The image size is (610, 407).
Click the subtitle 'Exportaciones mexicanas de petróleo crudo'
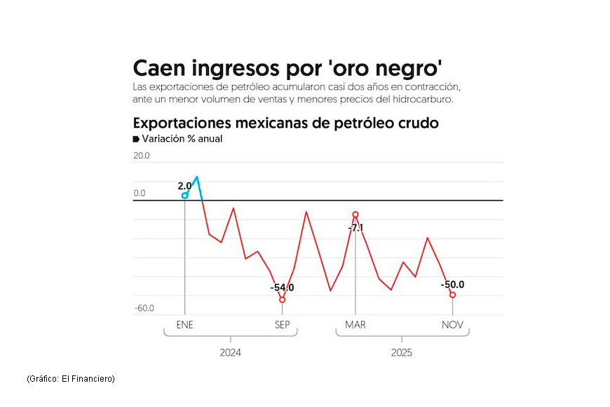[285, 123]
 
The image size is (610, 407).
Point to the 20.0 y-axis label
[142, 156]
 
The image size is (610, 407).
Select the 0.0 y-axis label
[140, 193]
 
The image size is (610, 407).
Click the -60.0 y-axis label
[144, 308]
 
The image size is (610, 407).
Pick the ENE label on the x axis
[185, 325]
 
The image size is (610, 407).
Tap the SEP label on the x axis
[282, 325]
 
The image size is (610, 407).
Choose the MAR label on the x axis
[355, 325]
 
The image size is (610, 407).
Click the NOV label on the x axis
[452, 325]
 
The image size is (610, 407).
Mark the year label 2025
[402, 352]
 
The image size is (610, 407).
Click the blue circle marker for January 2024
[185, 195]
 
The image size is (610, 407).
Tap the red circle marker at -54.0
[282, 300]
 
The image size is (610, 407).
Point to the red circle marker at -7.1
[355, 214]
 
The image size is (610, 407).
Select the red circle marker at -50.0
[452, 295]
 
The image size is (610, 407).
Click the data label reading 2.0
[184, 186]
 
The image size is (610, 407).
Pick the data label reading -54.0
[282, 287]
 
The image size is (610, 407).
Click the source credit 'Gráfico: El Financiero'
[71, 379]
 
